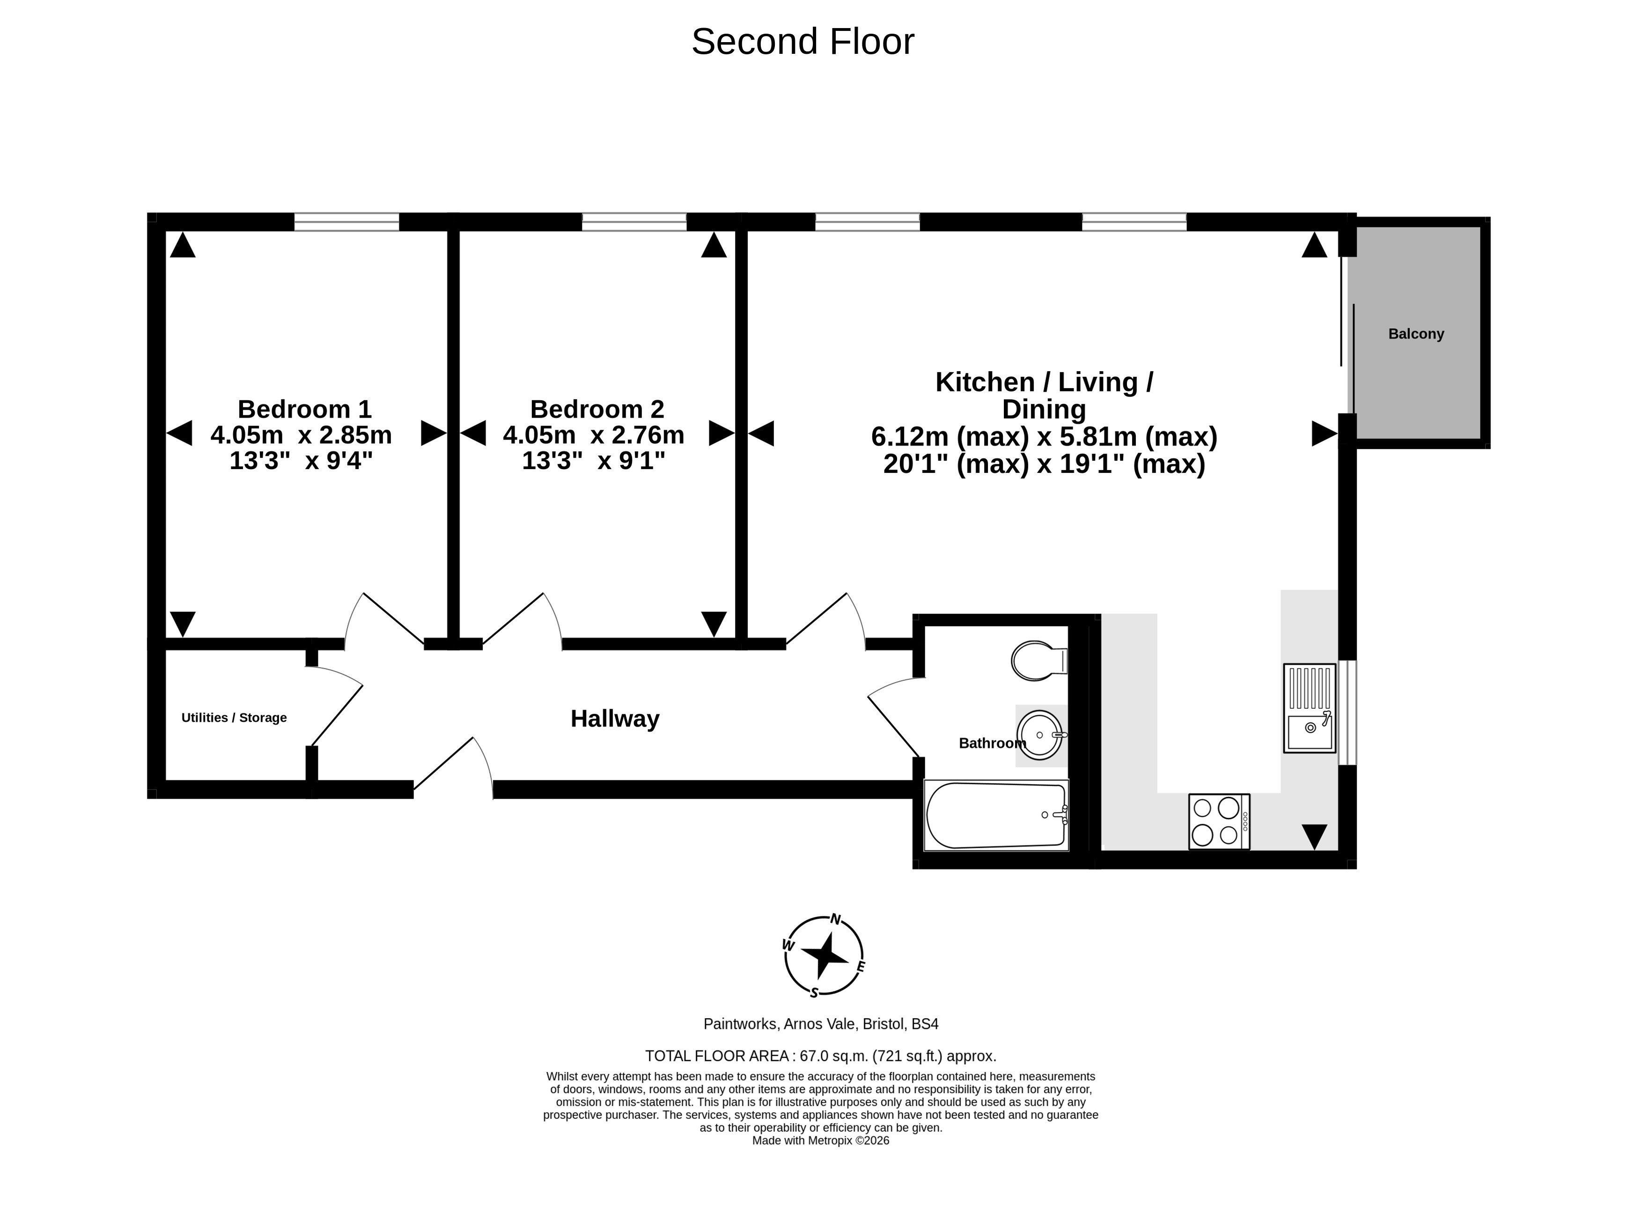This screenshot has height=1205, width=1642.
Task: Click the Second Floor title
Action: (803, 42)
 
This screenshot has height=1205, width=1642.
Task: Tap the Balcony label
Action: (1416, 334)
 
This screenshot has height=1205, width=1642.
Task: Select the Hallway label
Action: (615, 719)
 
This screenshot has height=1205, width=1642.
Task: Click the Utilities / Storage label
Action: (234, 718)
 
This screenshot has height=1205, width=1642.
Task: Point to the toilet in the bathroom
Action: (1039, 661)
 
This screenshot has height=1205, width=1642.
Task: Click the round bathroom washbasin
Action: (1039, 735)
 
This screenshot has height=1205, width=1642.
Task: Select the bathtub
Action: (996, 816)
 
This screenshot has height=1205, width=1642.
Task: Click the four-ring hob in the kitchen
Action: (1219, 821)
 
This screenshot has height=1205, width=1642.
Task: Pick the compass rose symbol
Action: (825, 955)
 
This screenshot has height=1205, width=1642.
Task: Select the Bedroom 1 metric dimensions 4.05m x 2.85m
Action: (301, 435)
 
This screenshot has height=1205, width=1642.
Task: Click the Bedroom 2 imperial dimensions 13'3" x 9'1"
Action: (594, 461)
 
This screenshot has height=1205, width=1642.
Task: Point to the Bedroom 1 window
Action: (346, 222)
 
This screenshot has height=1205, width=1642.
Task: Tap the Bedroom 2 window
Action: (634, 222)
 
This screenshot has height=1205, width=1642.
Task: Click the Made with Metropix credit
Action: (821, 1141)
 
